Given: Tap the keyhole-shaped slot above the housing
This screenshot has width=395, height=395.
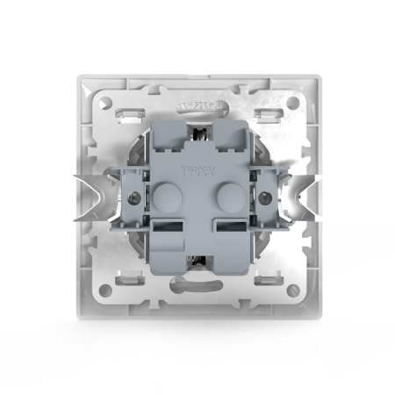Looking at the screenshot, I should (197, 108).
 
